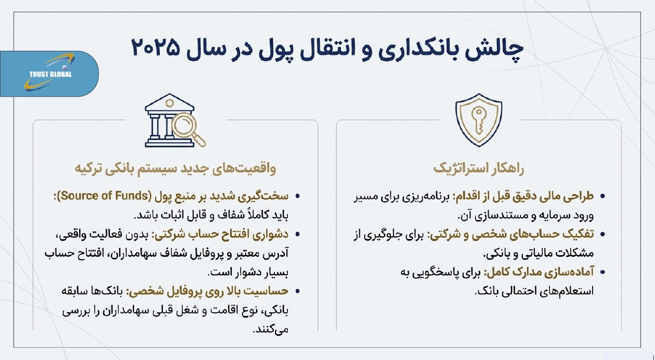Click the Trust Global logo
50,74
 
